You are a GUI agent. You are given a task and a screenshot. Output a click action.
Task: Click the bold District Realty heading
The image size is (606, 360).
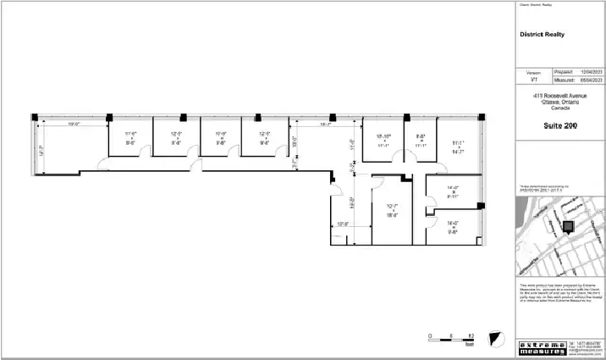click(x=541, y=35)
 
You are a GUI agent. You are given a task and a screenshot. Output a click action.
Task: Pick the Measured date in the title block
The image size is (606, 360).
click(x=589, y=82)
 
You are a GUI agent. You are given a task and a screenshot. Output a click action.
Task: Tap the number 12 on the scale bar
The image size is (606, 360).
click(x=471, y=336)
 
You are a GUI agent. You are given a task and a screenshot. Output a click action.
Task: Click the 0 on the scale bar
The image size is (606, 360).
click(x=431, y=336)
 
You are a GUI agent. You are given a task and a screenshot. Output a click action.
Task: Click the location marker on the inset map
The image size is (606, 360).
click(x=566, y=226)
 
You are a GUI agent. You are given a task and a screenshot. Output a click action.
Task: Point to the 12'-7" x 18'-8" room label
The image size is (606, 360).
click(x=392, y=211)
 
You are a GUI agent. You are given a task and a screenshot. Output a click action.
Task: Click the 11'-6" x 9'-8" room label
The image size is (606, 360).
click(x=130, y=138)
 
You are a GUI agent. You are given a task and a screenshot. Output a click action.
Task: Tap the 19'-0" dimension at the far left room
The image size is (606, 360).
click(x=73, y=125)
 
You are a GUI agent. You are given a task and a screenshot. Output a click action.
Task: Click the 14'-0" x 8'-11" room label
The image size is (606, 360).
click(x=453, y=191)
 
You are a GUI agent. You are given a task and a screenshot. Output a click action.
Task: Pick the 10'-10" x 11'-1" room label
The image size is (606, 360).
click(x=383, y=141)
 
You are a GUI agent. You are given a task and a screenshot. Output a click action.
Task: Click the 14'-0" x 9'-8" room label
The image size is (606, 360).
click(x=453, y=226)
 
